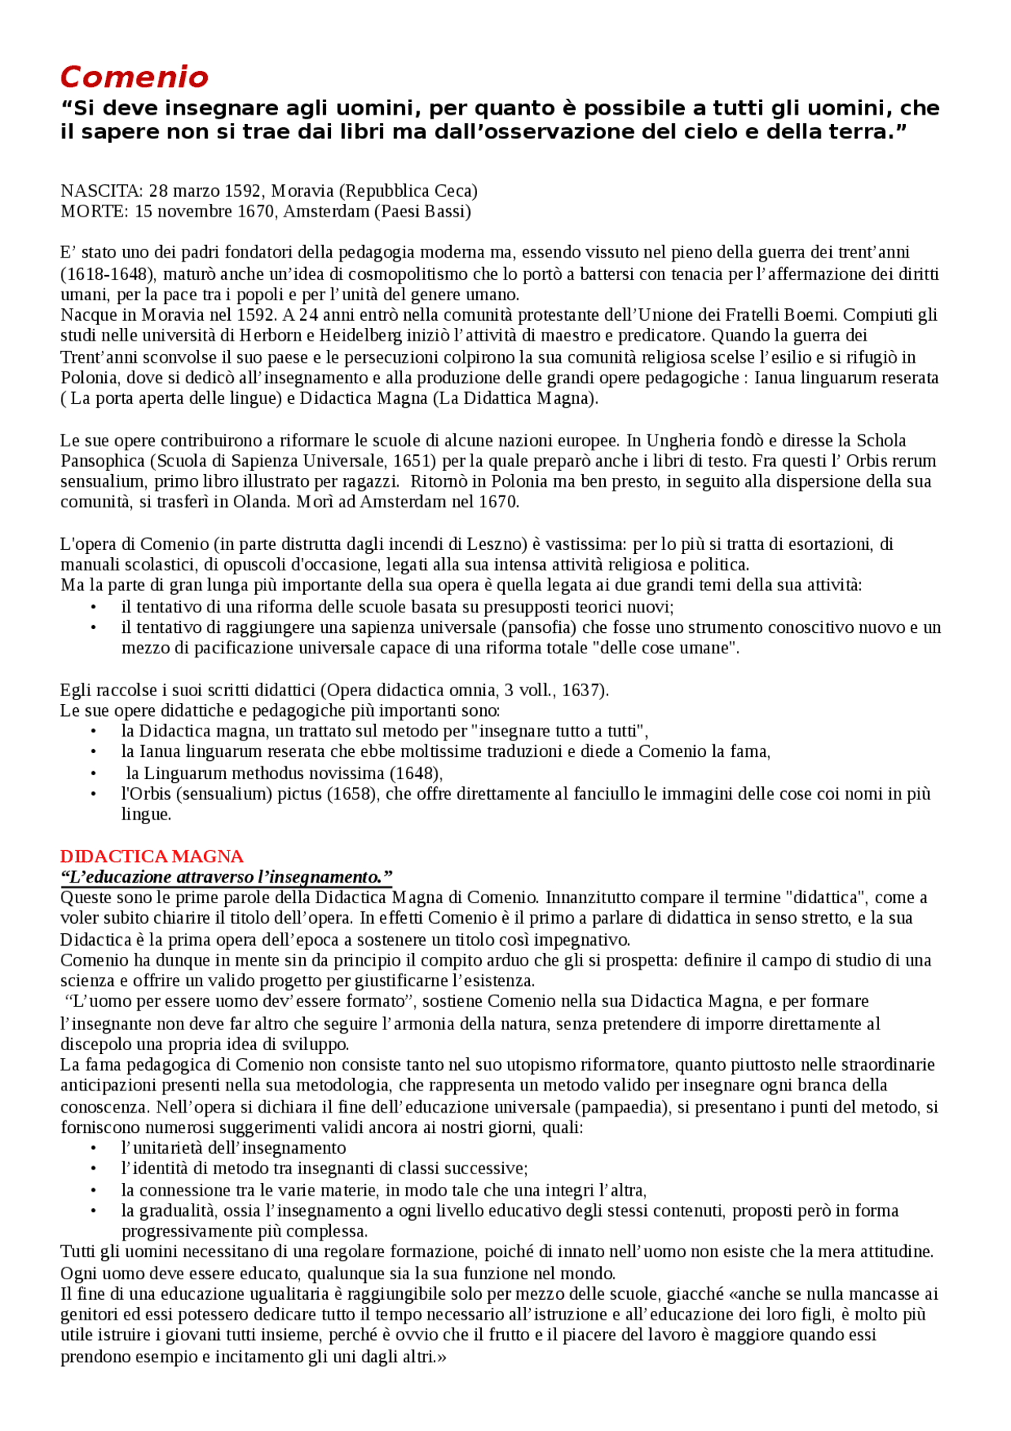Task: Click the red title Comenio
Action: click(134, 77)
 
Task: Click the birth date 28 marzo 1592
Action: click(205, 191)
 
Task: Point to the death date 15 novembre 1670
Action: click(205, 212)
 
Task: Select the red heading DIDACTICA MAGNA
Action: click(152, 857)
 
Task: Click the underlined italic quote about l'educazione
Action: click(226, 877)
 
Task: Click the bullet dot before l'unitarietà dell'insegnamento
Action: click(93, 1148)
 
